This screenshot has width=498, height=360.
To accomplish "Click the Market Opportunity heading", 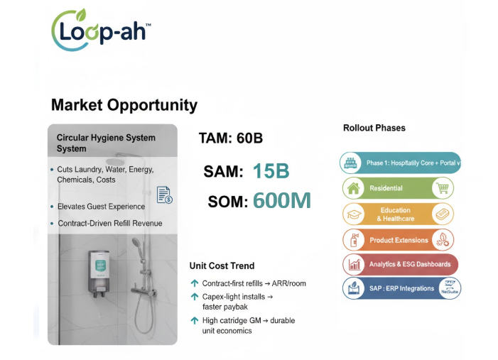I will pos(124,106).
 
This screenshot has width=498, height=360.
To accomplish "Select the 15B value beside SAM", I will pos(270,171).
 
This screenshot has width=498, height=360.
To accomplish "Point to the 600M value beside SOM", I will pos(281,201).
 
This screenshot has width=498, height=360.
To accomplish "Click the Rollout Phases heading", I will pos(374,128).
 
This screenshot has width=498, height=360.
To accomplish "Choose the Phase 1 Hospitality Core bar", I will pos(401,163).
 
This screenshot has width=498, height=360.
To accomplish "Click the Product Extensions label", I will pos(399,240).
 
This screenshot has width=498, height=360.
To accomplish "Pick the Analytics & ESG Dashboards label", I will pos(409,264).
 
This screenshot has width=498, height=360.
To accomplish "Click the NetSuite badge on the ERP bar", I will pos(449,288).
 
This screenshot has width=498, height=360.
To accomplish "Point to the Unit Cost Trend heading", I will pos(222,266).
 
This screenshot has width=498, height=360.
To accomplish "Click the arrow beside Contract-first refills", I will pos(194,283).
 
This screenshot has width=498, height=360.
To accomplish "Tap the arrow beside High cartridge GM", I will pos(194,321).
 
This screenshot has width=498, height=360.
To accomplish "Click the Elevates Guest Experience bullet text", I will pos(101,207).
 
